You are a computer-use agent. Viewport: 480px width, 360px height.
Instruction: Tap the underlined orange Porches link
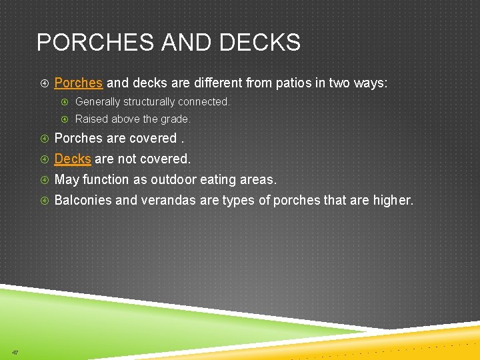tap(78, 83)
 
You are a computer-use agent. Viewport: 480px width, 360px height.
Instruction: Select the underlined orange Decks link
tap(72, 159)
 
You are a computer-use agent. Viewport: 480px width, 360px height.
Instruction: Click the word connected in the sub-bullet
tap(205, 102)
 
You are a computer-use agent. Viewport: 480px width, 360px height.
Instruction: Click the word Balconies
tap(83, 201)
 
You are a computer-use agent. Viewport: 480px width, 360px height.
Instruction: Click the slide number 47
tap(15, 352)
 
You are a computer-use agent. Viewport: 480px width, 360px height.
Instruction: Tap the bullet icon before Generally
tap(65, 102)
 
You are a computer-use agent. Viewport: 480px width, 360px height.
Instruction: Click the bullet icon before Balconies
tap(44, 201)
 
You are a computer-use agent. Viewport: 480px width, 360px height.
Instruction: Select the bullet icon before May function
tap(44, 180)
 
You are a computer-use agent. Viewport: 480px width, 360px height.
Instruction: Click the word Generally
tap(99, 102)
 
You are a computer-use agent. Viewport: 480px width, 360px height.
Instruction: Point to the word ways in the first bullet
tap(371, 83)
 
